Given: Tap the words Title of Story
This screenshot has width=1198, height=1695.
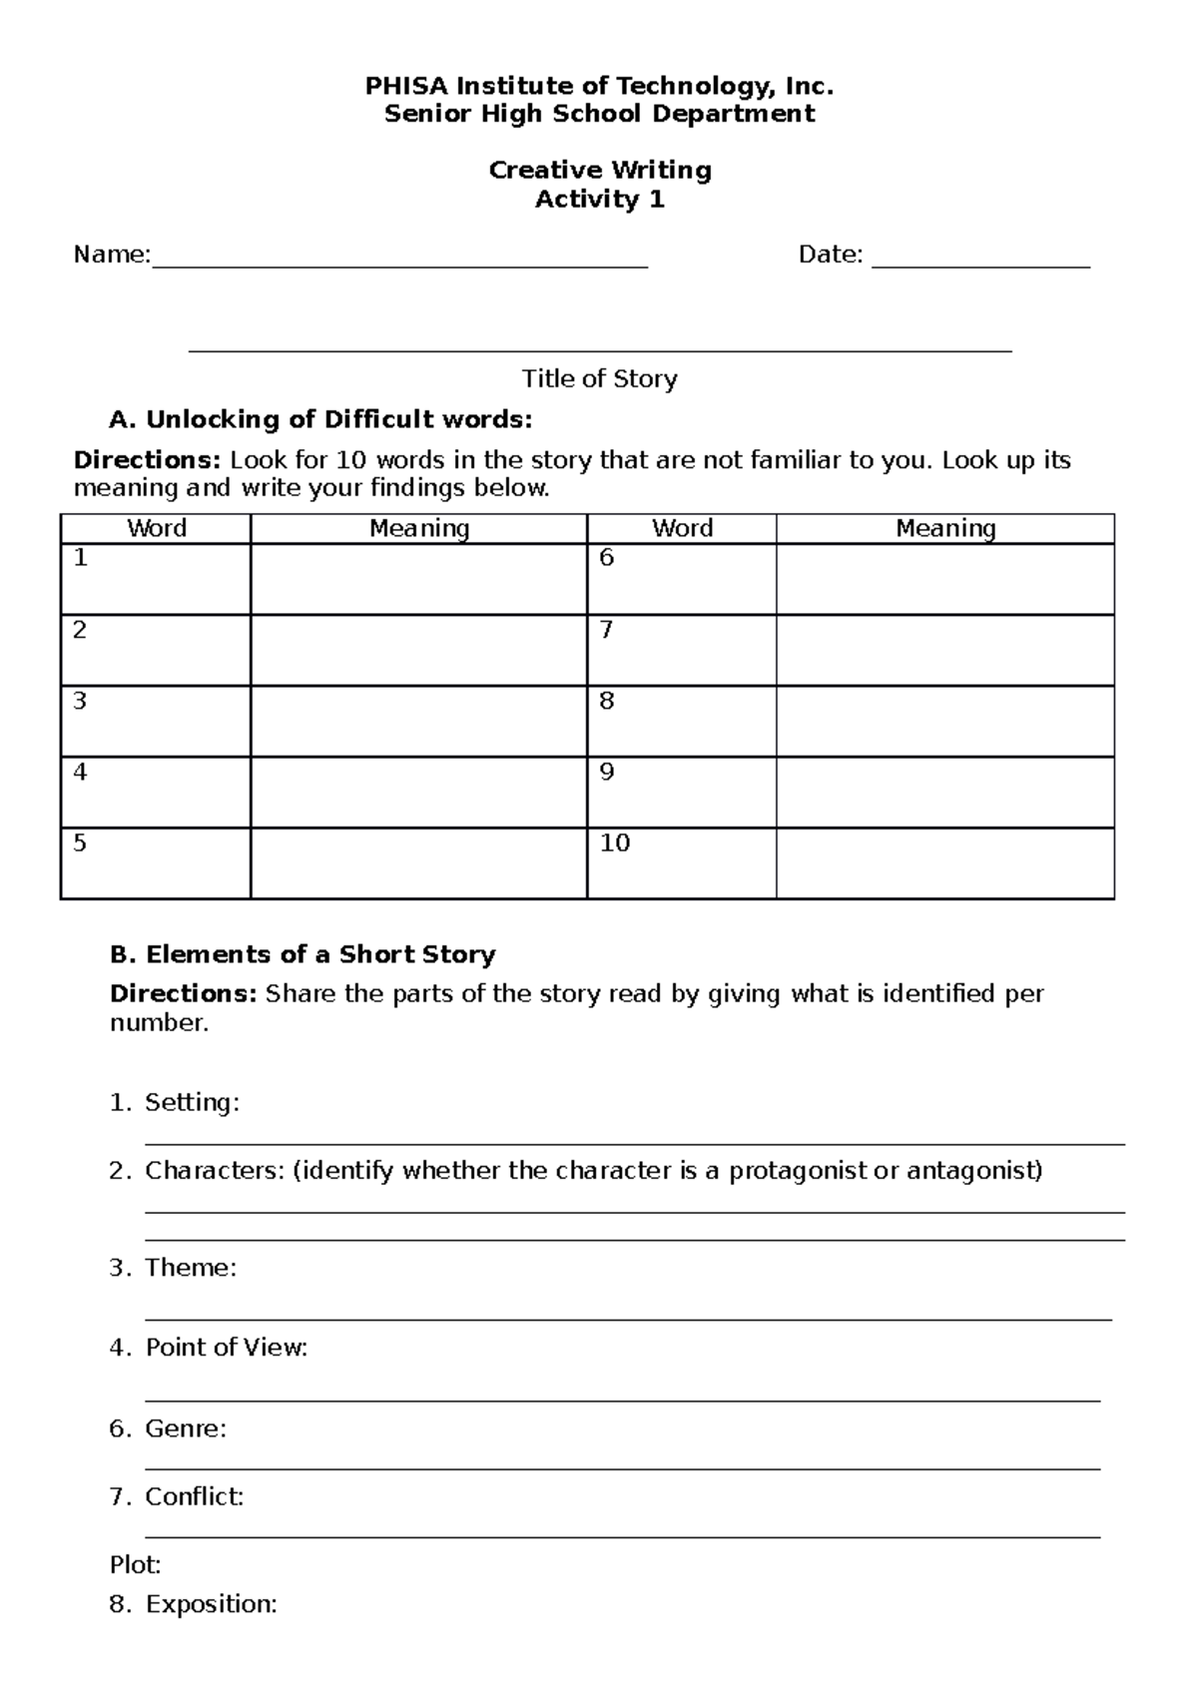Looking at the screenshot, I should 599,379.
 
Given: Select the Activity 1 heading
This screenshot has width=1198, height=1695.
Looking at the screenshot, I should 599,200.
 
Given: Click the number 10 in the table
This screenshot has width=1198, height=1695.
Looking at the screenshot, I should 614,844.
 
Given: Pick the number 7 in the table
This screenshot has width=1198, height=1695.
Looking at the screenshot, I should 606,630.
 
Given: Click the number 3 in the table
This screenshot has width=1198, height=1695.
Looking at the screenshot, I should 80,702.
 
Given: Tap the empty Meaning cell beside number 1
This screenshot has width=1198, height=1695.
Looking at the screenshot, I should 418,579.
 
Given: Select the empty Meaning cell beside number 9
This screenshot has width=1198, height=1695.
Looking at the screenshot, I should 944,792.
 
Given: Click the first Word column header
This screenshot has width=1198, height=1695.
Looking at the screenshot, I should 157,528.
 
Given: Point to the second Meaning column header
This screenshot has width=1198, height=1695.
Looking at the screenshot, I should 944,528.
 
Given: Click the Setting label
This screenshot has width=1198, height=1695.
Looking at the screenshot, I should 192,1103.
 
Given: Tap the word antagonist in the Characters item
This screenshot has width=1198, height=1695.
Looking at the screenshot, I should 973,1171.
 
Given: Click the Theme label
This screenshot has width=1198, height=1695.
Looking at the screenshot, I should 191,1268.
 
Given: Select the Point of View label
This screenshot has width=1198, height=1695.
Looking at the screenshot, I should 226,1348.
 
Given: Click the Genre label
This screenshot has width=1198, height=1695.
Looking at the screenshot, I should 186,1428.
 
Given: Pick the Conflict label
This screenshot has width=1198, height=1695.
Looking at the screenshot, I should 194,1496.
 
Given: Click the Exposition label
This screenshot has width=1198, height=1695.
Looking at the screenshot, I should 211,1604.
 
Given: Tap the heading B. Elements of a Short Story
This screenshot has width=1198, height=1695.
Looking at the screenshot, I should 302,954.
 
